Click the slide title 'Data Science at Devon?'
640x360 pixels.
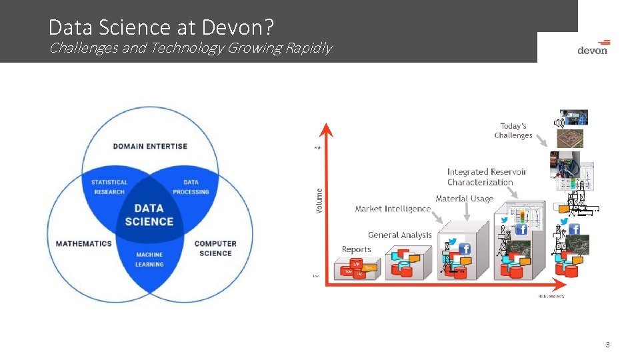(161, 27)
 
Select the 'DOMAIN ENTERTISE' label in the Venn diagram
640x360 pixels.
(150, 146)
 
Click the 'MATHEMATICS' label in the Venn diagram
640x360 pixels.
(83, 243)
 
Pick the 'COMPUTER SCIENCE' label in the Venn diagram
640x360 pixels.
(215, 248)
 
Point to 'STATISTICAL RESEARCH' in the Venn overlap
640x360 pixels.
(109, 187)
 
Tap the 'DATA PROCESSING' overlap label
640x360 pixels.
(191, 187)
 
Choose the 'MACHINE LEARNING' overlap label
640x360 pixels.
(149, 259)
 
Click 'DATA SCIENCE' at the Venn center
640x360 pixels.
(149, 215)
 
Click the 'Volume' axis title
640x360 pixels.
(319, 200)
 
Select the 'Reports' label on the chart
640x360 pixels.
(356, 249)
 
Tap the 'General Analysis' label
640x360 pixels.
(399, 235)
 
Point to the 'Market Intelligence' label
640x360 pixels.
(393, 209)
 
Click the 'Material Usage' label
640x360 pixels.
(464, 199)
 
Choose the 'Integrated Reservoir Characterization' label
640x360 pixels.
(486, 177)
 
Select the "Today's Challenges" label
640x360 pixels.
(513, 131)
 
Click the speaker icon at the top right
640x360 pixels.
(559, 123)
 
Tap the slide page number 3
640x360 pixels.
(607, 345)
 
